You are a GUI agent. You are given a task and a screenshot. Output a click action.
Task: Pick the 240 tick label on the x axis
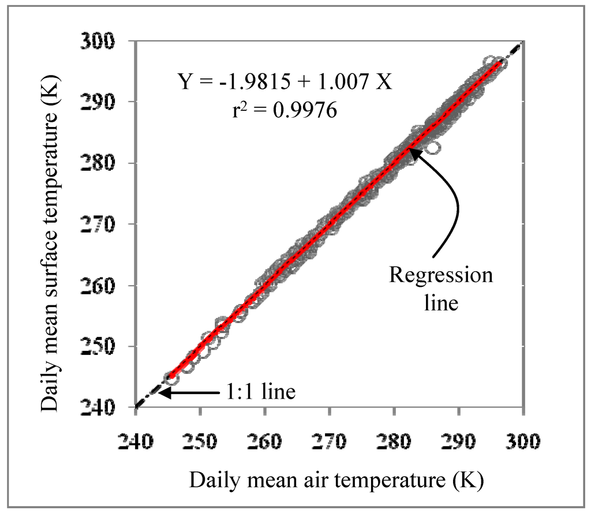click(136, 441)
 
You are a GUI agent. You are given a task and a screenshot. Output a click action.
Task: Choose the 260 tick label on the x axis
click(265, 441)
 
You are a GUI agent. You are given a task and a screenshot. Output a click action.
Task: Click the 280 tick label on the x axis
click(394, 441)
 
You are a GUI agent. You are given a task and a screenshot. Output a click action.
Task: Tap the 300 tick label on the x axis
click(523, 441)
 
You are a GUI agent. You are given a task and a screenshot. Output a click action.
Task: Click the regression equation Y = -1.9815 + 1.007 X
click(285, 83)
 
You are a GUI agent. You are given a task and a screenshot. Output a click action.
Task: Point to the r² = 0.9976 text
click(285, 110)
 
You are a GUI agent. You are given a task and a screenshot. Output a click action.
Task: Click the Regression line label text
click(441, 289)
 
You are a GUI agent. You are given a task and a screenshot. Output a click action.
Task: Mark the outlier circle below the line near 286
click(433, 148)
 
